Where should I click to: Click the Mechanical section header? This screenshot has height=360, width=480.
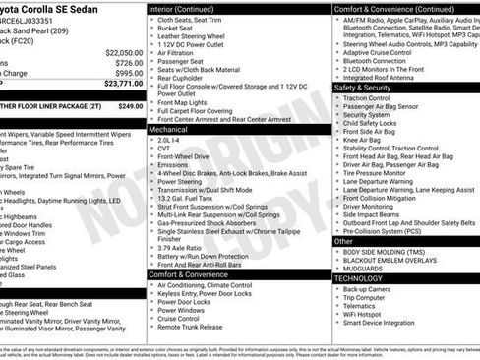[x=168, y=129]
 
